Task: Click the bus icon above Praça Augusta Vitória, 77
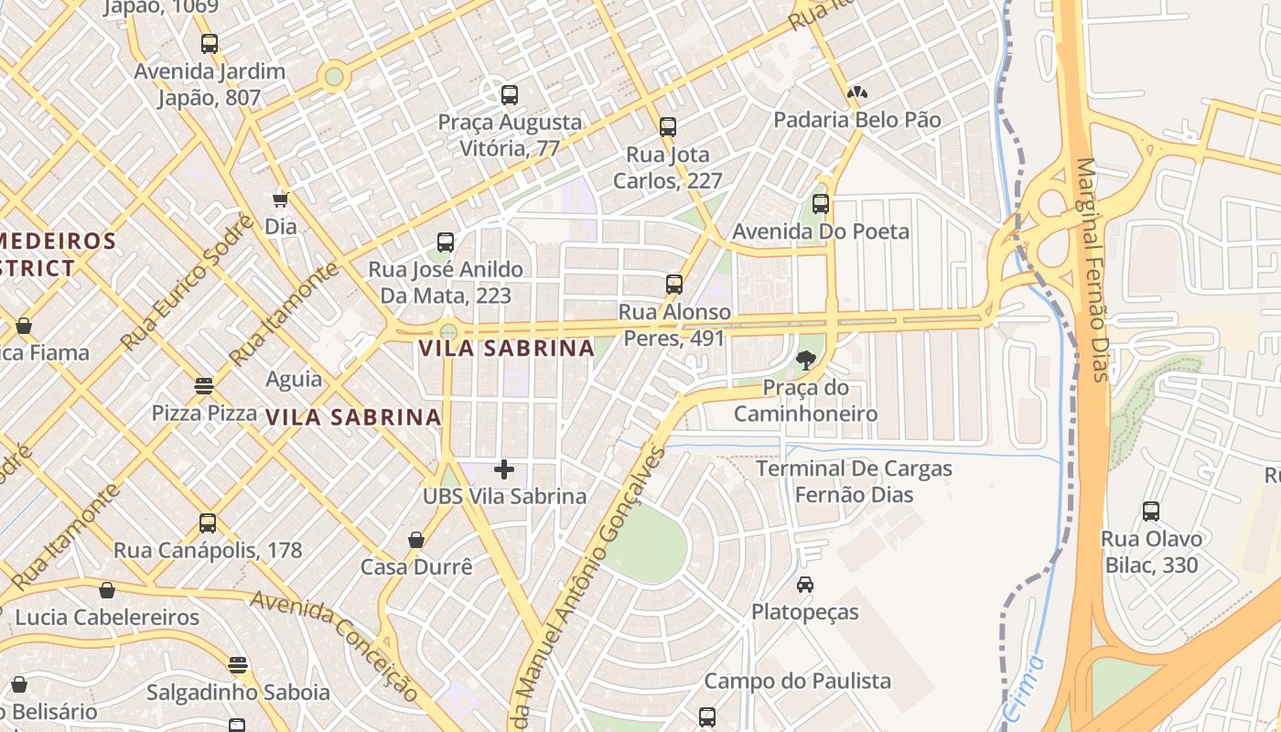tap(510, 94)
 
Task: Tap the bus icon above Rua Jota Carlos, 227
tap(668, 127)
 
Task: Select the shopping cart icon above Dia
tap(280, 199)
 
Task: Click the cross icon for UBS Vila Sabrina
tap(504, 469)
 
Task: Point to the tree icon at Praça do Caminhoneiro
tap(805, 361)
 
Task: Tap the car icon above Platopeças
tap(805, 585)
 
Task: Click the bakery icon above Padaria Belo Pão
tap(857, 92)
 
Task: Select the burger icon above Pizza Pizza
tap(204, 386)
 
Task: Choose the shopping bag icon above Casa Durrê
tap(416, 540)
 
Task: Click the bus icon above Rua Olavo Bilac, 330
tap(1151, 511)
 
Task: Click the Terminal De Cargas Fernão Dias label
tap(854, 481)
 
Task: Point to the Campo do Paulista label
tap(797, 681)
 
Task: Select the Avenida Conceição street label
tap(335, 646)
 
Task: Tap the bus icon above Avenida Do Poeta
tap(821, 204)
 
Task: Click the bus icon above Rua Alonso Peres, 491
tap(674, 285)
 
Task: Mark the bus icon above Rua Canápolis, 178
tap(208, 523)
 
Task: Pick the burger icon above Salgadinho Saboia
tap(238, 664)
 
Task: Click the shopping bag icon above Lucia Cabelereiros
tap(107, 590)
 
